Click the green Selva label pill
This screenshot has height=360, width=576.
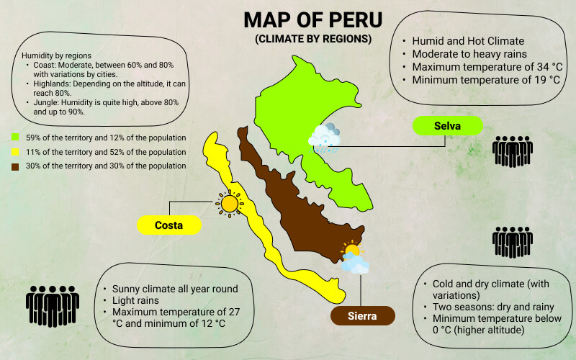(x=446, y=126)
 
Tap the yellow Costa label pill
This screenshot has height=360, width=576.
(x=168, y=225)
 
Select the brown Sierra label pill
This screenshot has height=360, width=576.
(x=363, y=316)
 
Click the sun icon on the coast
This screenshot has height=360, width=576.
(x=230, y=204)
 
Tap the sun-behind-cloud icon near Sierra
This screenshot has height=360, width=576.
(x=354, y=258)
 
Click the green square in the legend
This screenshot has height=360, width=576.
(x=15, y=137)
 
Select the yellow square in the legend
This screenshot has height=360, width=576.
(x=15, y=151)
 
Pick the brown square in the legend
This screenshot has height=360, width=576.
(x=15, y=166)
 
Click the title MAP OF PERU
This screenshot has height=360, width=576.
(x=312, y=19)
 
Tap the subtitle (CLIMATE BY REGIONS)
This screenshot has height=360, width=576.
(x=313, y=38)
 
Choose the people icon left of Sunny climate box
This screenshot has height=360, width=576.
(x=53, y=305)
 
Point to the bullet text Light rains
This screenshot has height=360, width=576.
(x=138, y=300)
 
